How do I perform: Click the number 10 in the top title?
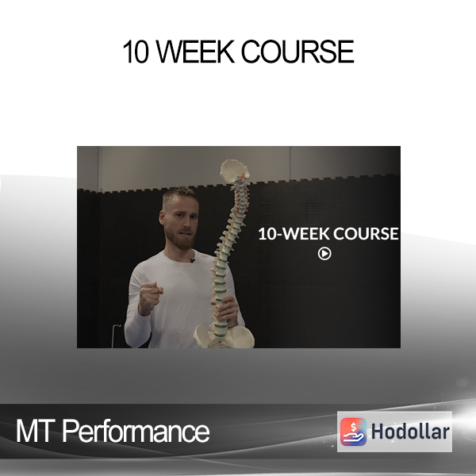pyautogui.click(x=136, y=52)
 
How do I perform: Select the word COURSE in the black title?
pyautogui.click(x=297, y=52)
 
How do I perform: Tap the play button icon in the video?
pyautogui.click(x=324, y=254)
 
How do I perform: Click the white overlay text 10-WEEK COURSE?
pyautogui.click(x=328, y=234)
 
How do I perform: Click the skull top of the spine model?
pyautogui.click(x=234, y=171)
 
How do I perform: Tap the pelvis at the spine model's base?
pyautogui.click(x=224, y=336)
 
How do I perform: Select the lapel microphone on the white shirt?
pyautogui.click(x=192, y=260)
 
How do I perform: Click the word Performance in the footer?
pyautogui.click(x=136, y=432)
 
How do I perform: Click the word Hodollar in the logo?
pyautogui.click(x=410, y=432)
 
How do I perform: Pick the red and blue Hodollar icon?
pyautogui.click(x=353, y=432)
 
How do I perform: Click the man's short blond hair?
pyautogui.click(x=180, y=195)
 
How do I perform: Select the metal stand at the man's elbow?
pyautogui.click(x=115, y=336)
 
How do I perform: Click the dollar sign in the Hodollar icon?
pyautogui.click(x=353, y=427)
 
